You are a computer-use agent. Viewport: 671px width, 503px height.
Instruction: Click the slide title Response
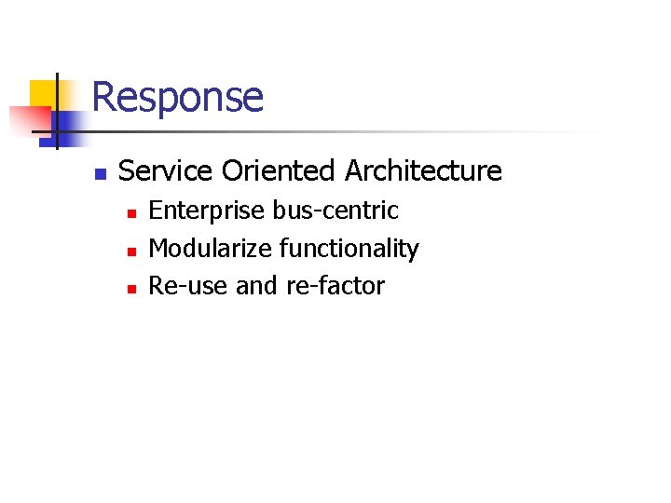click(x=177, y=97)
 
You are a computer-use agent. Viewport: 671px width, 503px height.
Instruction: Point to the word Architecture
click(x=423, y=171)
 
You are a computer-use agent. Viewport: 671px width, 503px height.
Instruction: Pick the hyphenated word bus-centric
click(x=335, y=211)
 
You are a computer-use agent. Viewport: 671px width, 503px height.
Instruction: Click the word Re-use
click(x=188, y=286)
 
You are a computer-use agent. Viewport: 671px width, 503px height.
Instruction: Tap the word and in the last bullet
click(x=256, y=286)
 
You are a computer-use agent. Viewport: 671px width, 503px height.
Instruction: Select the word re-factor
click(x=335, y=286)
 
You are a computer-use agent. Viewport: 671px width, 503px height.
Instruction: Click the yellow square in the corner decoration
click(x=42, y=93)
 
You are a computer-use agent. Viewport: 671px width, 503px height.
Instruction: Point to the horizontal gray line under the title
click(x=373, y=132)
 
